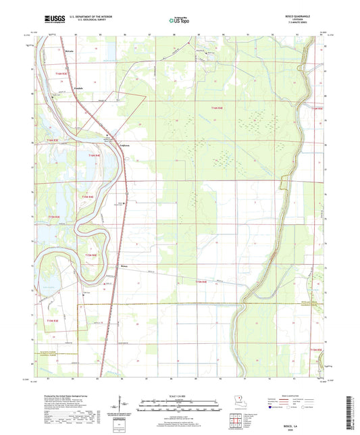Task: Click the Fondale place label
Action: (x=78, y=88)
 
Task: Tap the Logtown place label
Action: (x=125, y=144)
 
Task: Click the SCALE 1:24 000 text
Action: (x=179, y=396)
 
